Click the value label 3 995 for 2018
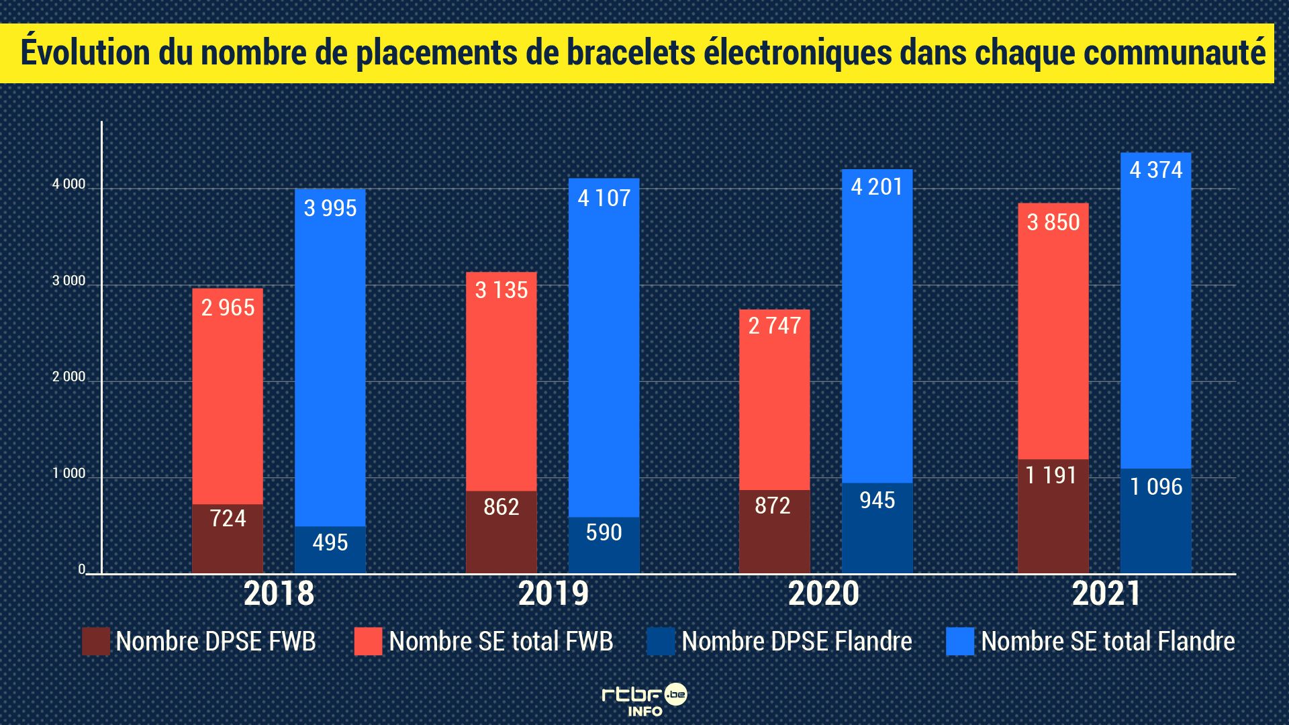330,208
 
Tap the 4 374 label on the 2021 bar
1155,170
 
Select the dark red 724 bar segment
228,537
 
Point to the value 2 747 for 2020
774,326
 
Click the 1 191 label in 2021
1051,475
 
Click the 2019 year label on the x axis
553,593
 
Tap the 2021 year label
1106,593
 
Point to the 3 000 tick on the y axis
69,281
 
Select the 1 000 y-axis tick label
69,473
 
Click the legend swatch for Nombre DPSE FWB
95,641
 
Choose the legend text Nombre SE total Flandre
1108,641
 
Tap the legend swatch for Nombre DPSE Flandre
661,641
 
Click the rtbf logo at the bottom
644,700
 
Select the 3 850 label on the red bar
1053,222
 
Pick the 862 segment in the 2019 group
501,530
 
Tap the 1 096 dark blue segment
1155,520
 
